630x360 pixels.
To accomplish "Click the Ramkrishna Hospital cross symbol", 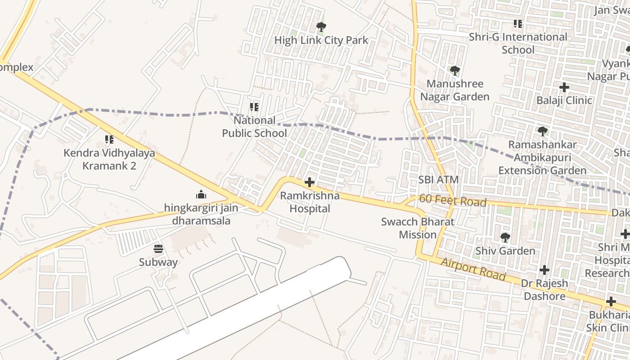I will (x=310, y=182).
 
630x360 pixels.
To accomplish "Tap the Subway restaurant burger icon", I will (x=158, y=249).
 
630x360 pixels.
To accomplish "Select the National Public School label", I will (x=254, y=127).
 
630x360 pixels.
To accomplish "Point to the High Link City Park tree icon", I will (x=321, y=27).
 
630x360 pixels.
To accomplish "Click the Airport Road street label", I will (x=473, y=269).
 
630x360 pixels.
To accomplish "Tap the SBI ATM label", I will (x=438, y=180).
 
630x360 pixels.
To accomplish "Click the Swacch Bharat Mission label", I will (x=418, y=228).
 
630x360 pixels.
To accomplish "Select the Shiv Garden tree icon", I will (x=505, y=237).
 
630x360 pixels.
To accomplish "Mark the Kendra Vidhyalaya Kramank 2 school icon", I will (x=109, y=139).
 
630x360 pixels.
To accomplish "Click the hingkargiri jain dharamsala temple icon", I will (x=201, y=194).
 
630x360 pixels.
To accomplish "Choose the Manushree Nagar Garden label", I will (x=454, y=90).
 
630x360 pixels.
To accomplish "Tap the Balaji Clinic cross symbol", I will (x=564, y=87).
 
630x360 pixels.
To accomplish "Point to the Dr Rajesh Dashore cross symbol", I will (x=544, y=270).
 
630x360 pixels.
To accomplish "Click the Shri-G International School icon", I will (x=517, y=23).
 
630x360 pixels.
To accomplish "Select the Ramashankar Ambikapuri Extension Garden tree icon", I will (x=542, y=131).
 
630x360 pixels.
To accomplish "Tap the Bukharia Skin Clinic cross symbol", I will (x=611, y=301).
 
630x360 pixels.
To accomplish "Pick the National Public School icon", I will (x=254, y=107).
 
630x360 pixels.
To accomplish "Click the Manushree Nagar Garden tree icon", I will (x=454, y=70).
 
